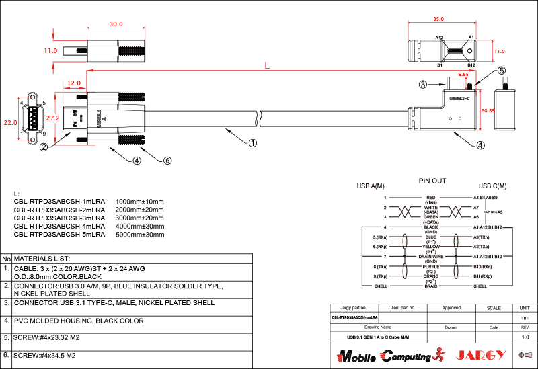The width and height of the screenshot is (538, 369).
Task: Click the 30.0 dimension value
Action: coord(116,24)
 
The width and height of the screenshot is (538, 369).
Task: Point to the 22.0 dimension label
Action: coord(9,123)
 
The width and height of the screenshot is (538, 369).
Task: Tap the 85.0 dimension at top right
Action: coord(438,19)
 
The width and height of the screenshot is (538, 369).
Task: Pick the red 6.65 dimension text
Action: coord(464,75)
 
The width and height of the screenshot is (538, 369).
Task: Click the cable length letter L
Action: coord(267,65)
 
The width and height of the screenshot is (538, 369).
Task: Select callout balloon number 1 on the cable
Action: coord(252,142)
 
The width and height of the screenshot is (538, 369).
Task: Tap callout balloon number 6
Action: coord(168,161)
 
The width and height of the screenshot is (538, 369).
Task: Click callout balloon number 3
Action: coord(422,85)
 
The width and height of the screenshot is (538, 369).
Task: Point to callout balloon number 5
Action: coord(501,70)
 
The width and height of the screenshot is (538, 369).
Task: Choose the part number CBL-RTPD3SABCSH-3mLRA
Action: coord(60,218)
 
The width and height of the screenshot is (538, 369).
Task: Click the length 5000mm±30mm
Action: coord(140,235)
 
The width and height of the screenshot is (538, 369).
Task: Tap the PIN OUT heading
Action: coord(432,181)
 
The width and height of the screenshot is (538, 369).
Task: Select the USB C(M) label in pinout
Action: coord(492,186)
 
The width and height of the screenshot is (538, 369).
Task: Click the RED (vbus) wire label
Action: coord(431,200)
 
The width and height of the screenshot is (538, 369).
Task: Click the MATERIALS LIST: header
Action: coord(42,258)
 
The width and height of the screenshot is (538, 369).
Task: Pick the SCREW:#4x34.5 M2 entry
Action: coord(44,355)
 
